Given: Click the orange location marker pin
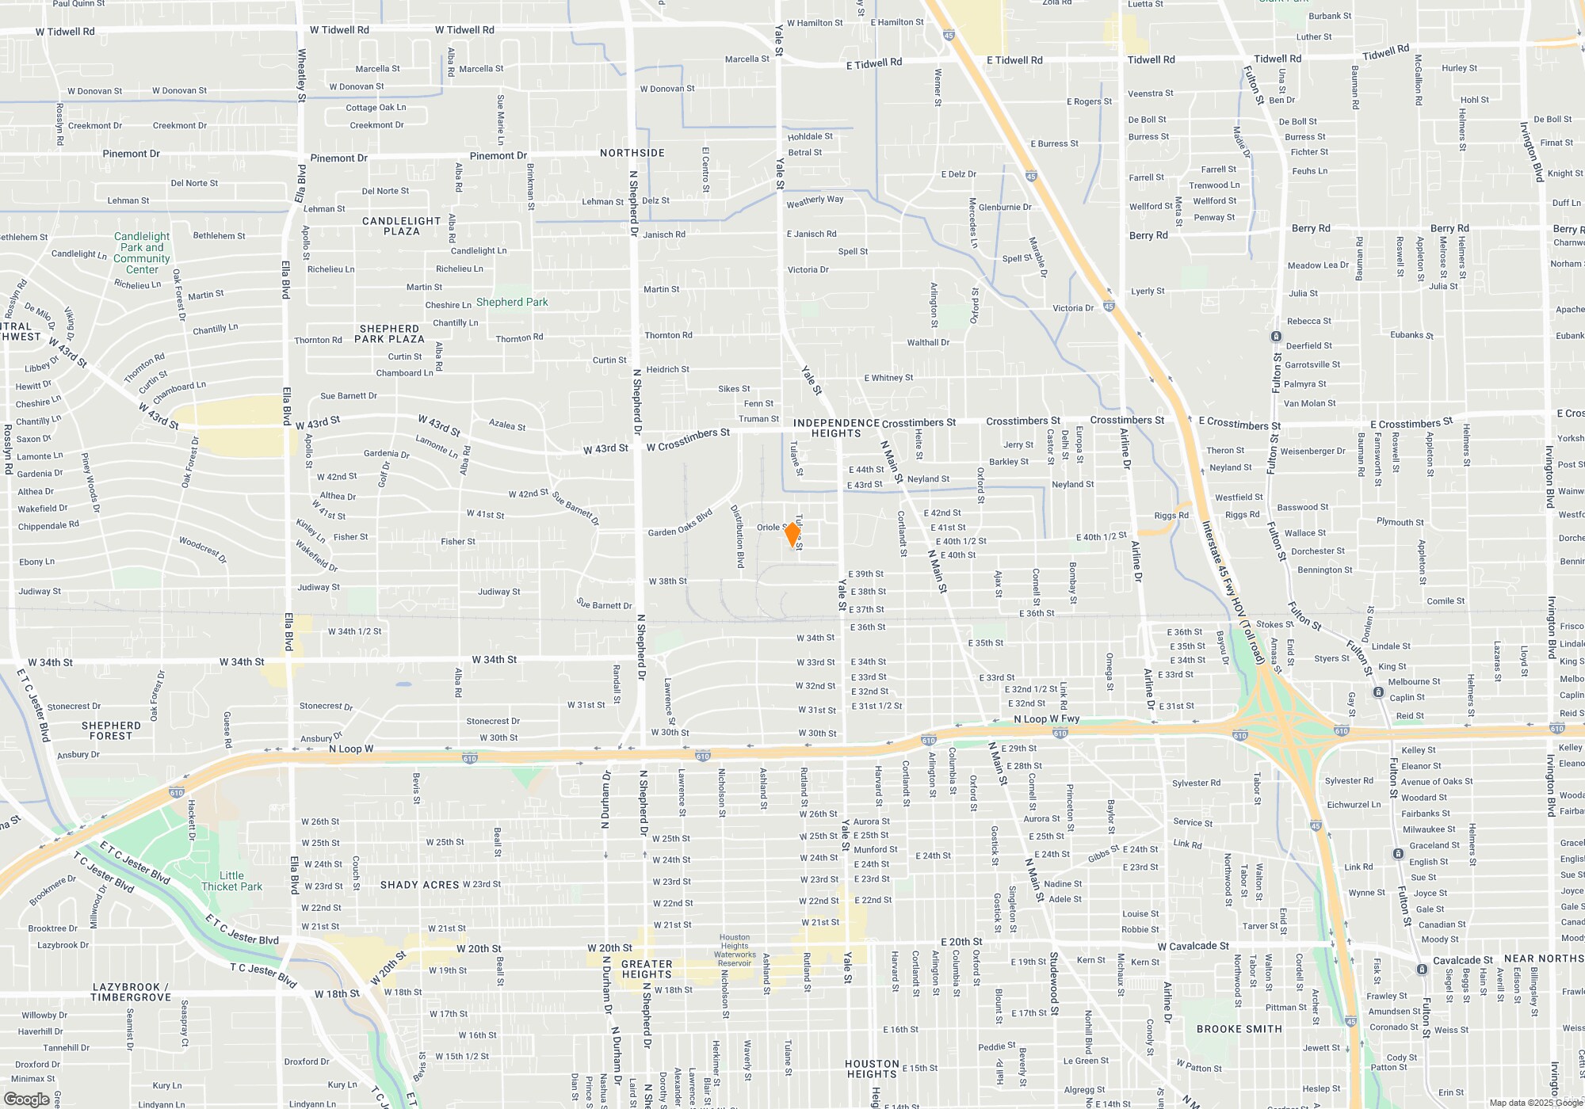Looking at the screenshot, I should (792, 534).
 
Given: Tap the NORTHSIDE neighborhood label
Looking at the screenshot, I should (632, 153).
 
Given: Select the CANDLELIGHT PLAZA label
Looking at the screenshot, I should (401, 226).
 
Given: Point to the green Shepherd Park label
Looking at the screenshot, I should (512, 302).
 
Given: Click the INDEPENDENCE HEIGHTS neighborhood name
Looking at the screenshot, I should (836, 428).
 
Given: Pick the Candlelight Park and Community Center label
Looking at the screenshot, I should (142, 253).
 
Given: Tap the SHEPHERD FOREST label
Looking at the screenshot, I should (111, 730).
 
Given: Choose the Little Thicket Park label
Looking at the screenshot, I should (231, 881).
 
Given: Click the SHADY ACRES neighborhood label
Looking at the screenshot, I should (419, 885).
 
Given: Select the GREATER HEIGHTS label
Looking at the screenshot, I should (647, 969).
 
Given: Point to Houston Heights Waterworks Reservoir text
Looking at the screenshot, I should (735, 951).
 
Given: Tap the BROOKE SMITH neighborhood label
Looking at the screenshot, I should (1239, 1029).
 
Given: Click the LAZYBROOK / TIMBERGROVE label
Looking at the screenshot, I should (131, 992).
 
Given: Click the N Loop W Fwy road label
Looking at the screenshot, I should (1046, 719).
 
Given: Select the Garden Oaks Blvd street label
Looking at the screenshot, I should (680, 524).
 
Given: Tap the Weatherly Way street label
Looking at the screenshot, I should (815, 201).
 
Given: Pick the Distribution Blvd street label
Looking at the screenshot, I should (738, 536).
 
